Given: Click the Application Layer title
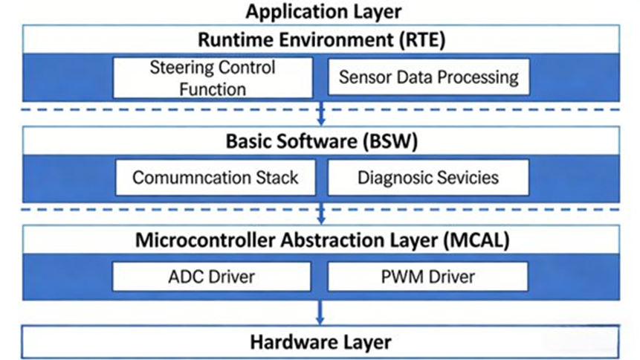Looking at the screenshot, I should pos(323,11).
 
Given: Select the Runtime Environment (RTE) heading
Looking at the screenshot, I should pos(322,39).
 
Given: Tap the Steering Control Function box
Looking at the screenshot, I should pos(212,77).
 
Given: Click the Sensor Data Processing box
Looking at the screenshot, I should pos(428,77).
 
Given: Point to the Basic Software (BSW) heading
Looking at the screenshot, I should pos(321,141).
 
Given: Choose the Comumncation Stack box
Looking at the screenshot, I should pos(215,178).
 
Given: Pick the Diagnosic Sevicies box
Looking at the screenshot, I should pos(427,178).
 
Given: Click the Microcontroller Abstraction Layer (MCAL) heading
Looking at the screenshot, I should pos(321,240).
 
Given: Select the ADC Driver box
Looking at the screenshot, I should pos(212,277).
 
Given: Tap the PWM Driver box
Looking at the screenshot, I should pos(427,277).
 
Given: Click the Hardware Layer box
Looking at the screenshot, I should pos(321,342).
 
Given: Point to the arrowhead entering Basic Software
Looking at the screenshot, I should pos(321,121).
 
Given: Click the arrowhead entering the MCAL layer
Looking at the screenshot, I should pos(321,221).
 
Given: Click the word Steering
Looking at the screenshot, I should pos(181,68).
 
